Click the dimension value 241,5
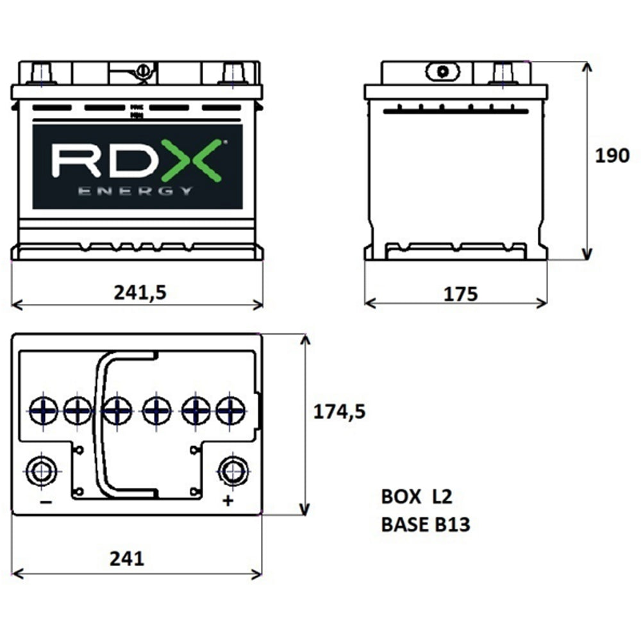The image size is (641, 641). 140,292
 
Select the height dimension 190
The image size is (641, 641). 612,156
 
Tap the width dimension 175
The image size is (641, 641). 460,294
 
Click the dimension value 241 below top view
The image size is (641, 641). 126,559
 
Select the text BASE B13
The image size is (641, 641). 426,525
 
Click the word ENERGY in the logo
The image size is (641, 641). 135,191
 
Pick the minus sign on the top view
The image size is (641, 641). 46,502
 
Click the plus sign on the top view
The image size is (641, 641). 228,501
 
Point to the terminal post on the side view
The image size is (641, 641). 504,72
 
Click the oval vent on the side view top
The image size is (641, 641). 441,71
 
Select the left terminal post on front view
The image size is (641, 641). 42,72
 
